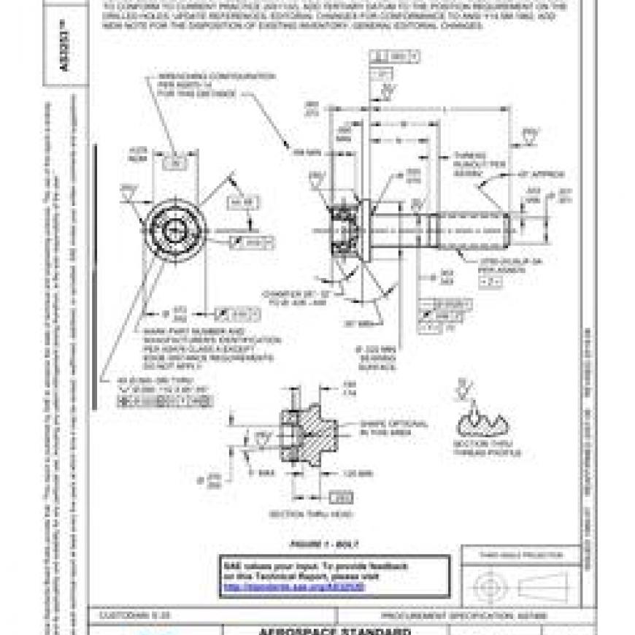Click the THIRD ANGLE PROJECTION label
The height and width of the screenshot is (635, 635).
tap(520, 555)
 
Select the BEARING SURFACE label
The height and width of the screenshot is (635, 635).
tap(377, 361)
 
